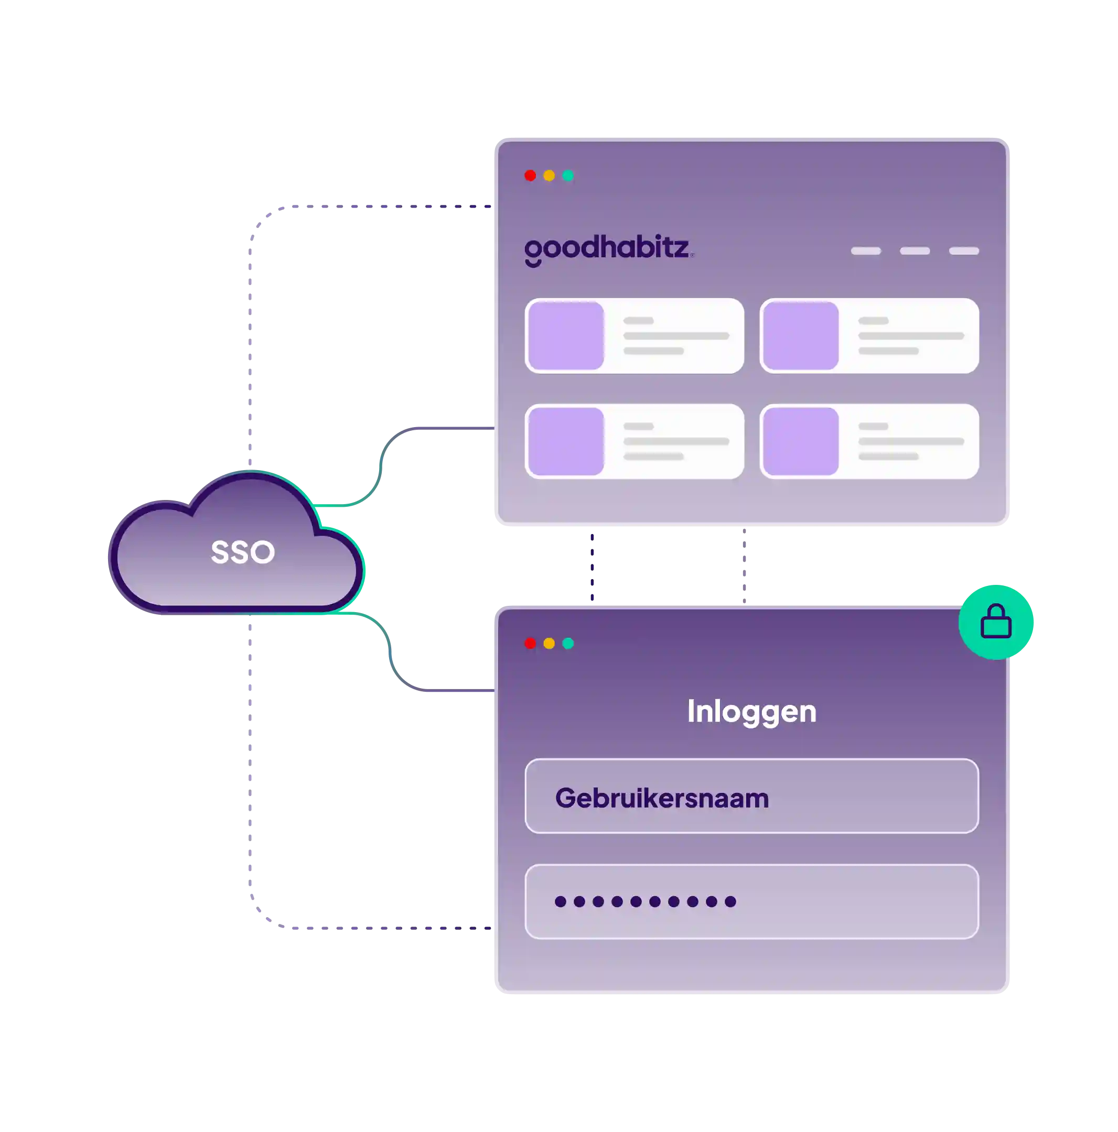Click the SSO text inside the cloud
pos(243,552)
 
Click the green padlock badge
pos(996,621)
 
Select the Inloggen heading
pos(751,711)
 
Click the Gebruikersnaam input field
pos(751,796)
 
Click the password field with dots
pos(751,902)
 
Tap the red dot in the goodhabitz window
pos(530,176)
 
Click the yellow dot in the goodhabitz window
pos(549,176)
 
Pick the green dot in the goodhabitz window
pos(568,176)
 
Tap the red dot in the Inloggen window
pos(530,644)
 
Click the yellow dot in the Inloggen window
pos(549,644)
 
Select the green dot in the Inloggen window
pos(568,644)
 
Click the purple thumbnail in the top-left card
pos(566,336)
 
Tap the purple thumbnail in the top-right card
pos(801,336)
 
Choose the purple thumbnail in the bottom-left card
pos(566,441)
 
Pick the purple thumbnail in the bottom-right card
pos(801,441)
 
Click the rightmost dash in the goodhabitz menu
pos(964,251)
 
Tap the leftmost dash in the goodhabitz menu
pos(866,251)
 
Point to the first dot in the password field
pos(561,902)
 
